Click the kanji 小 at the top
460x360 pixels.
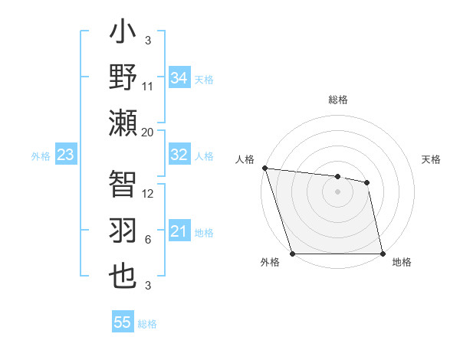pyautogui.click(x=123, y=34)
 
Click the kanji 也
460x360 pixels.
pyautogui.click(x=123, y=277)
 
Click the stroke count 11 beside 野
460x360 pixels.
pyautogui.click(x=148, y=87)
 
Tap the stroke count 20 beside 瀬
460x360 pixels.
pyautogui.click(x=148, y=133)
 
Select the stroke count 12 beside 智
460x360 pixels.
pyautogui.click(x=148, y=194)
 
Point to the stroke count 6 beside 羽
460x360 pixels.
pyautogui.click(x=148, y=239)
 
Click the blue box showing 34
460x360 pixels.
pyautogui.click(x=179, y=78)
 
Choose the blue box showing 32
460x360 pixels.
pyautogui.click(x=179, y=155)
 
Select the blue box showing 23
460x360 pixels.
pyautogui.click(x=65, y=155)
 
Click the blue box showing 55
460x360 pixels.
pyautogui.click(x=123, y=322)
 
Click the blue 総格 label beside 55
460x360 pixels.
pyautogui.click(x=147, y=324)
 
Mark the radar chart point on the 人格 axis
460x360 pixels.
pyautogui.click(x=264, y=168)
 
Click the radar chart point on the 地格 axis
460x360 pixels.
pyautogui.click(x=382, y=254)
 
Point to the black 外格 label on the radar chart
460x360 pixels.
pyautogui.click(x=270, y=262)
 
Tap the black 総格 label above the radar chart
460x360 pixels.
pyautogui.click(x=337, y=100)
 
